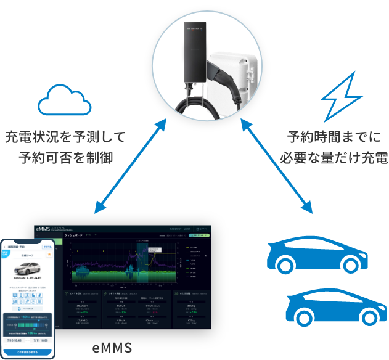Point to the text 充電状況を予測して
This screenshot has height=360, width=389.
coord(65,137)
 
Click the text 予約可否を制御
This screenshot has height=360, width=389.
coord(65,158)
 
